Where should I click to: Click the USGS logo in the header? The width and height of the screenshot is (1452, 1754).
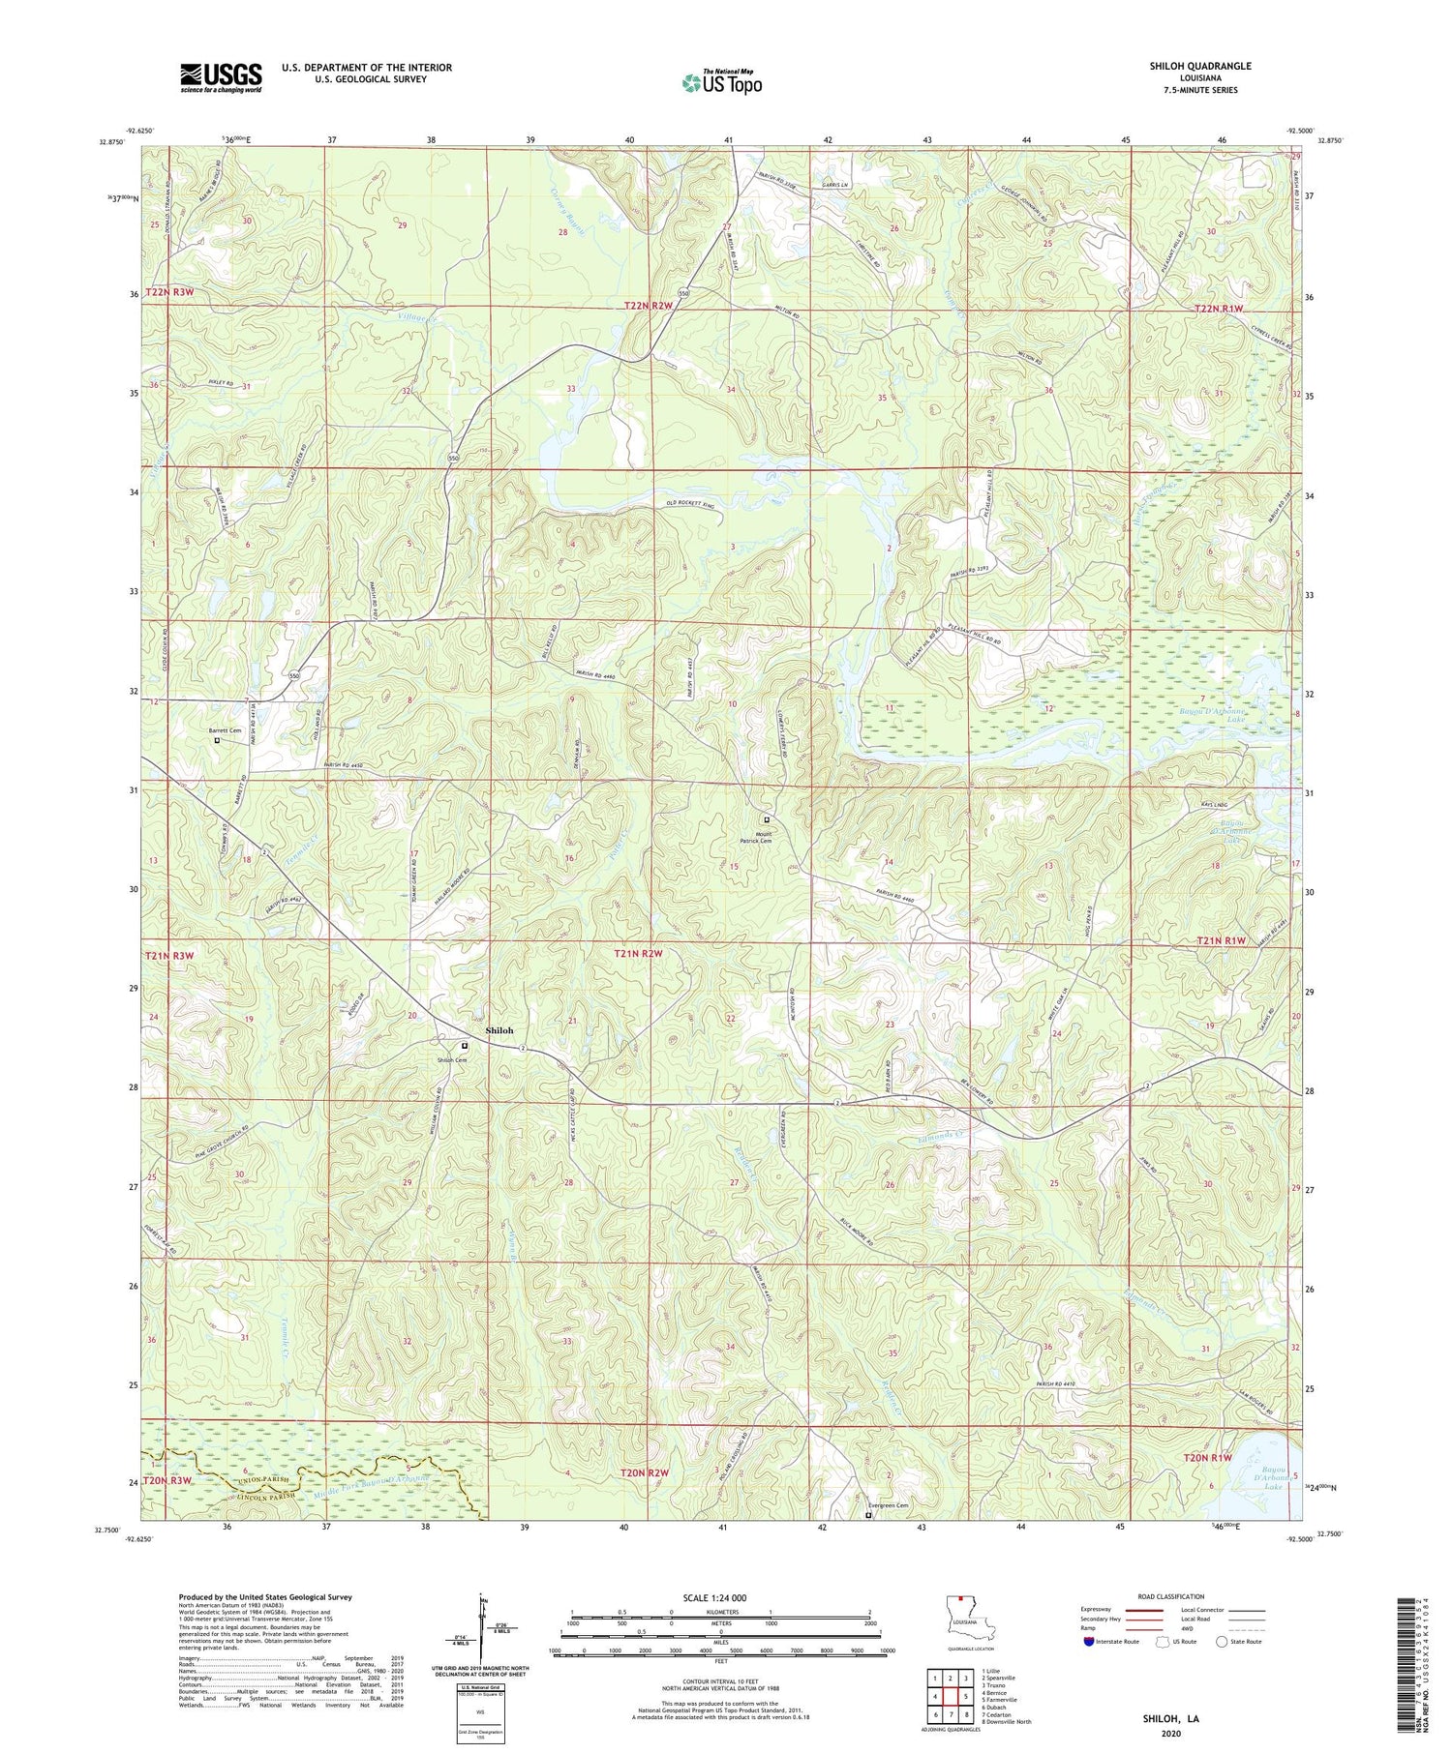[x=221, y=77]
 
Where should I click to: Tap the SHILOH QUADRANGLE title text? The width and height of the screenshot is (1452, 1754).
[x=1202, y=66]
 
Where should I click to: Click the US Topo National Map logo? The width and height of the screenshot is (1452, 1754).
[x=721, y=82]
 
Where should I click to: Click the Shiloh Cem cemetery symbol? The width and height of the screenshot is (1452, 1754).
[x=464, y=1046]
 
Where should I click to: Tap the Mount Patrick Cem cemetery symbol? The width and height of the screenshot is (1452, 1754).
[x=767, y=819]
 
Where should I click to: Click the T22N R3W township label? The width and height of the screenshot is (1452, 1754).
[x=169, y=292]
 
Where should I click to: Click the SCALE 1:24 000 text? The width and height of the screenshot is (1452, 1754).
[x=720, y=1597]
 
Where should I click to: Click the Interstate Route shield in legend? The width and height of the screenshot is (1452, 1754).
[x=1089, y=1642]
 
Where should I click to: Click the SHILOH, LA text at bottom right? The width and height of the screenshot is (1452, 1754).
[x=1171, y=1718]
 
